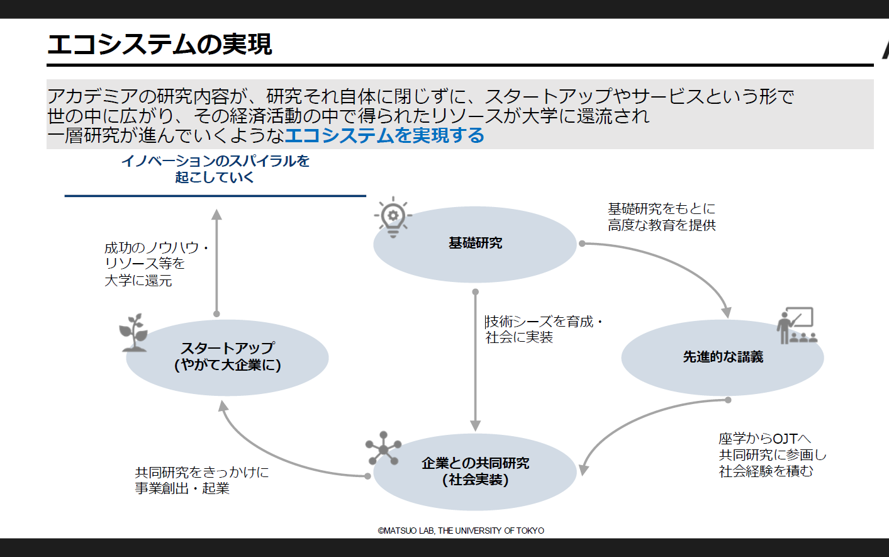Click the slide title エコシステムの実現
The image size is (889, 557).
160,44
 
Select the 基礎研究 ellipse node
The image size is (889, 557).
475,244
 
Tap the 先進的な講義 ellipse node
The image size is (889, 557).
722,357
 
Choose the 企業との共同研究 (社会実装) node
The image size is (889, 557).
475,471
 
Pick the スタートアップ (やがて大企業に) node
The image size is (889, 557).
227,357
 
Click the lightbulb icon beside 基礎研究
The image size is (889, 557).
393,218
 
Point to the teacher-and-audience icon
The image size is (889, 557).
796,326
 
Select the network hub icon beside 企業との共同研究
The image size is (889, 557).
383,448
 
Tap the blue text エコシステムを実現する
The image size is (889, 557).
384,135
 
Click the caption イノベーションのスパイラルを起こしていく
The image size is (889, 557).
215,169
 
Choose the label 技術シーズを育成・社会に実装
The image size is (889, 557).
543,330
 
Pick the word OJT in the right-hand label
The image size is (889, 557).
785,439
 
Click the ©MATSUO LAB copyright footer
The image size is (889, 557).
461,531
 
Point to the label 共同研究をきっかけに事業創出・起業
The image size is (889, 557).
201,480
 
